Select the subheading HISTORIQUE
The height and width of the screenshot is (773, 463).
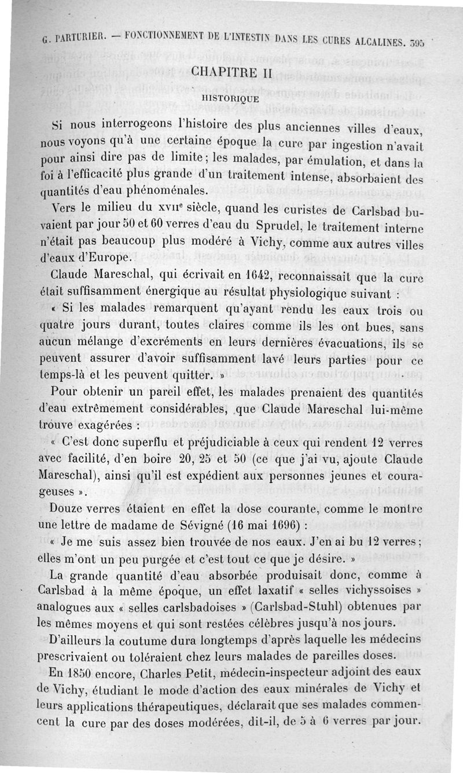230,98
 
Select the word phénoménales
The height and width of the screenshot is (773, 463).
156,190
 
